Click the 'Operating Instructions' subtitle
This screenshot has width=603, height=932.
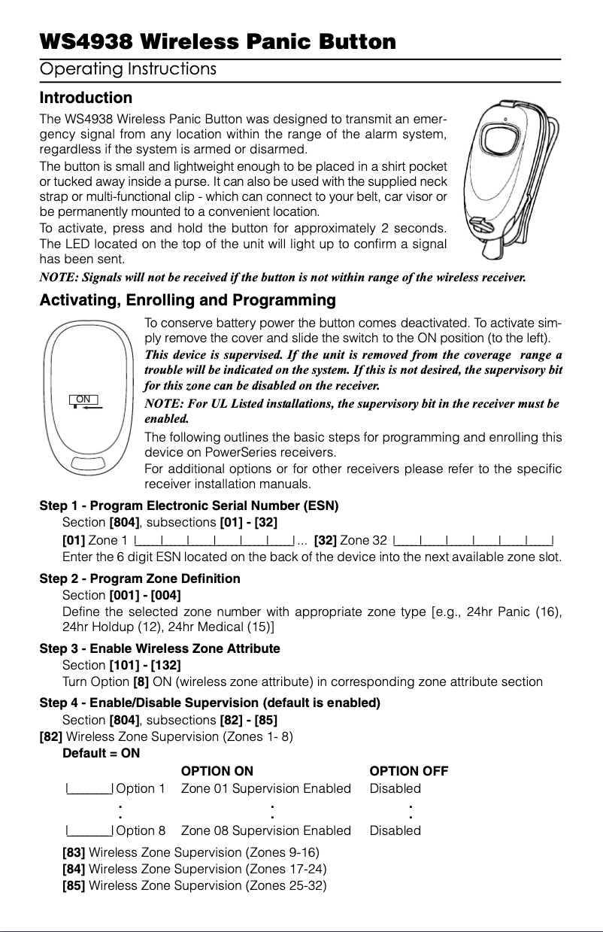coord(128,70)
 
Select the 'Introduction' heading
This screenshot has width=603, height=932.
coord(85,98)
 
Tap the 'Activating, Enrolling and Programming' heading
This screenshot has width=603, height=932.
coord(187,301)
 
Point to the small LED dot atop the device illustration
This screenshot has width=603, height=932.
coord(507,117)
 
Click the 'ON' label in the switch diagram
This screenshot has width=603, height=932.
coord(83,399)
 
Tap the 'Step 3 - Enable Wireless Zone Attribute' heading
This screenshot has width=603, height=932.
coord(159,648)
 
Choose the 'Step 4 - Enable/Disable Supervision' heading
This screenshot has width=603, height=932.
coord(210,703)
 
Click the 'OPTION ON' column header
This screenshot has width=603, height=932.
coord(217,771)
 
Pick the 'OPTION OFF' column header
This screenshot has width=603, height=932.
coord(409,771)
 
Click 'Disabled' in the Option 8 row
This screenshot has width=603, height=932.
coord(395,830)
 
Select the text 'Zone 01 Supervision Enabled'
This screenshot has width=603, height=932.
coord(265,788)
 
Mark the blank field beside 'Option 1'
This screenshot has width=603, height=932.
coord(89,789)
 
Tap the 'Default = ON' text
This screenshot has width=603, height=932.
coord(101,753)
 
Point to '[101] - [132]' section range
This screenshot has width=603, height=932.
coord(144,665)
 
